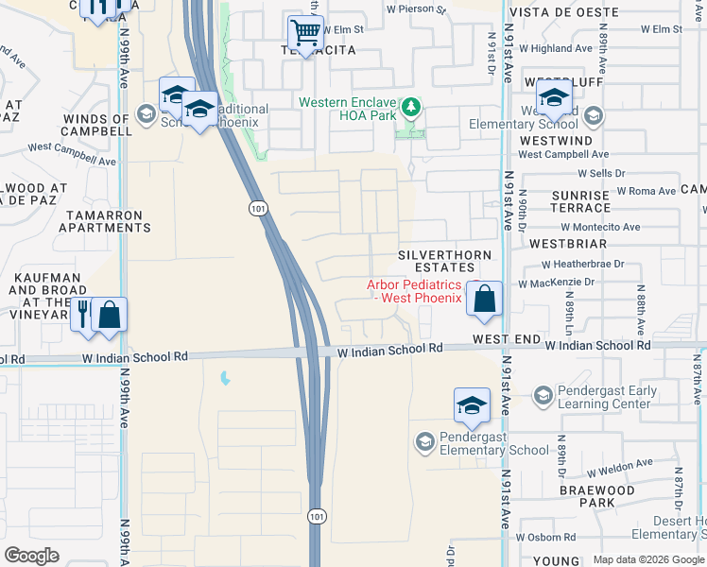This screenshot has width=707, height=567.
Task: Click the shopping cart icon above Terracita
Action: pyautogui.click(x=305, y=32)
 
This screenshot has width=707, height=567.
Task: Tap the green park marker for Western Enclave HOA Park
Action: pyautogui.click(x=410, y=107)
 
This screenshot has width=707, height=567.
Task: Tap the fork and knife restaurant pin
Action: pyautogui.click(x=84, y=314)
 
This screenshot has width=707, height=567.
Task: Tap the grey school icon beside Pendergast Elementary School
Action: pyautogui.click(x=424, y=441)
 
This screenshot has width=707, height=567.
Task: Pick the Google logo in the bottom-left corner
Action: pyautogui.click(x=31, y=556)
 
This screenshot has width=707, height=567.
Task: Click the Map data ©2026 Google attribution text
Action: pyautogui.click(x=648, y=559)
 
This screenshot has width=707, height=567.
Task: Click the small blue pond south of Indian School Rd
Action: pyautogui.click(x=225, y=379)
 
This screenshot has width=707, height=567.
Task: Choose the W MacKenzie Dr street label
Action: pyautogui.click(x=556, y=283)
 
